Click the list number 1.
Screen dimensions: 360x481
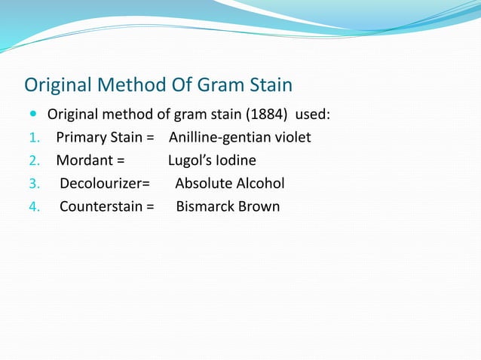pyautogui.click(x=32, y=139)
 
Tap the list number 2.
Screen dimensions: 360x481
pyautogui.click(x=32, y=161)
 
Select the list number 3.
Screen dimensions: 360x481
pyautogui.click(x=32, y=184)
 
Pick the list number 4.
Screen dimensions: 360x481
pyautogui.click(x=32, y=206)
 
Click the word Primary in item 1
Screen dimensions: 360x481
pyautogui.click(x=81, y=139)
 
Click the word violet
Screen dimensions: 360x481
pyautogui.click(x=291, y=138)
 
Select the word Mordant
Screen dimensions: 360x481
pyautogui.click(x=84, y=160)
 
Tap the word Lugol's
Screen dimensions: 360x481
pyautogui.click(x=189, y=161)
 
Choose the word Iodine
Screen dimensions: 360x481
pyautogui.click(x=235, y=160)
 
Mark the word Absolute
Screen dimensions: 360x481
pyautogui.click(x=203, y=183)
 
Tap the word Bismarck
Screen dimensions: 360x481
pyautogui.click(x=206, y=206)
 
